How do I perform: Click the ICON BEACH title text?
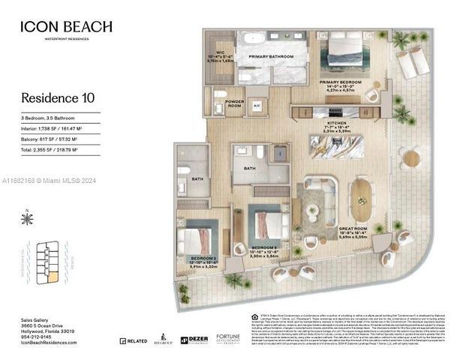tap(68, 26)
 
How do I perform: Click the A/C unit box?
tap(257, 106)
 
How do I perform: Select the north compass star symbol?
tap(28, 219)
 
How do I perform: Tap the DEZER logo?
tap(195, 340)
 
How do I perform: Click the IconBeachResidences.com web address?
tap(49, 343)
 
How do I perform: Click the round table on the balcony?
tap(410, 158)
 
